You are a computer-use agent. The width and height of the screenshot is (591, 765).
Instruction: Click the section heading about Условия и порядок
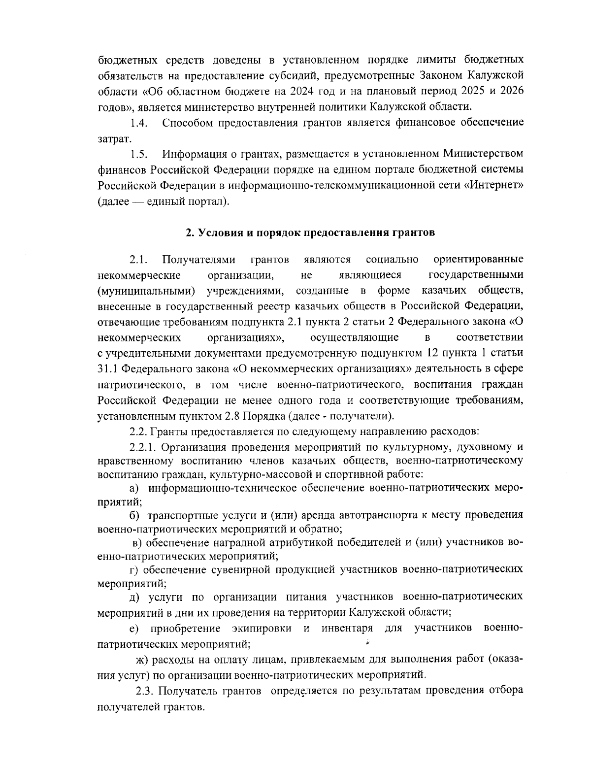(x=310, y=233)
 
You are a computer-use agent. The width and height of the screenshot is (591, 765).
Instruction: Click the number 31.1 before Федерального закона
(x=108, y=369)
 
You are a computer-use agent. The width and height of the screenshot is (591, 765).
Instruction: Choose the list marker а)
(x=134, y=488)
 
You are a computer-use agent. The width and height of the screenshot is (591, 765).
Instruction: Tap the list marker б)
(x=134, y=515)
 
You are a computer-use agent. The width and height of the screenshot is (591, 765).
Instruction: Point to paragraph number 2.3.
(x=146, y=691)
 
